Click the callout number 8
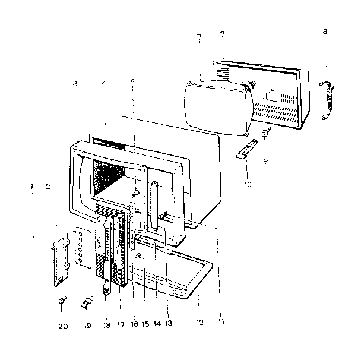pos(325,31)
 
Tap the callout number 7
pos(222,34)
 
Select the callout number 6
pos(199,35)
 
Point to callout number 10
pos(248,184)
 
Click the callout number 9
pos(265,161)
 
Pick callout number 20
pos(63,326)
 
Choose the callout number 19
pos(87,326)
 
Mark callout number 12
pos(199,323)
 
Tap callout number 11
pos(221,322)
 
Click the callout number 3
pos(75,83)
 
